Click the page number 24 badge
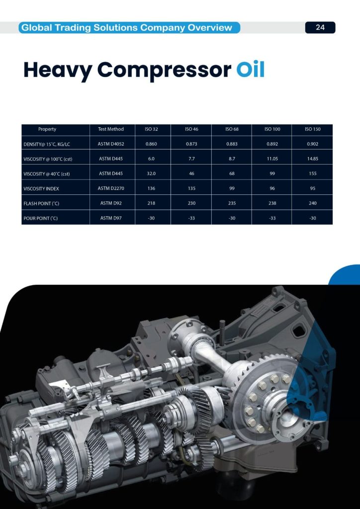[x=320, y=28]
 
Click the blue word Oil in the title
[x=250, y=69]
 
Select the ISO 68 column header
[x=232, y=129]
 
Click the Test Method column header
[x=111, y=129]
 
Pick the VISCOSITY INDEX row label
[x=41, y=188]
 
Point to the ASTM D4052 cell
[x=111, y=144]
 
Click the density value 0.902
[x=313, y=144]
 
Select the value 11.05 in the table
[x=272, y=159]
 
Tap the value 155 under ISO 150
[x=313, y=173]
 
